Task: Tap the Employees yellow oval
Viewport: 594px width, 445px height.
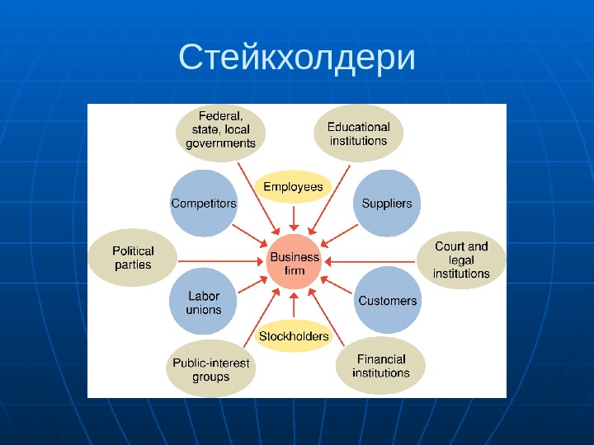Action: pyautogui.click(x=293, y=187)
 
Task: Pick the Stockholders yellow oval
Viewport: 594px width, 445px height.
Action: pyautogui.click(x=294, y=336)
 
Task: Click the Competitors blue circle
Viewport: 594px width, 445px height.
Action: pyautogui.click(x=203, y=204)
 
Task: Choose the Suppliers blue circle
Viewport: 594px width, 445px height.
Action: pyautogui.click(x=387, y=204)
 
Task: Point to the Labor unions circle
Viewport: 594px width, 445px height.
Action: pyautogui.click(x=204, y=302)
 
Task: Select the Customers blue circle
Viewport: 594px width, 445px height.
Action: pyautogui.click(x=387, y=301)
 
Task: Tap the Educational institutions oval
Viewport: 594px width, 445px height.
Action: pyautogui.click(x=359, y=133)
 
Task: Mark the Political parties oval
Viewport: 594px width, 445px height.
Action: pyautogui.click(x=134, y=258)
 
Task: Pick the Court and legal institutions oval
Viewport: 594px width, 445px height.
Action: pyautogui.click(x=461, y=260)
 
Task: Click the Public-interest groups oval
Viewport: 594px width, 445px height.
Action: pyautogui.click(x=210, y=369)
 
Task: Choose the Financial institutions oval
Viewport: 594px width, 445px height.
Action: pyautogui.click(x=381, y=366)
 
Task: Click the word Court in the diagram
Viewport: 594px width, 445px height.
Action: pyautogui.click(x=449, y=246)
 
